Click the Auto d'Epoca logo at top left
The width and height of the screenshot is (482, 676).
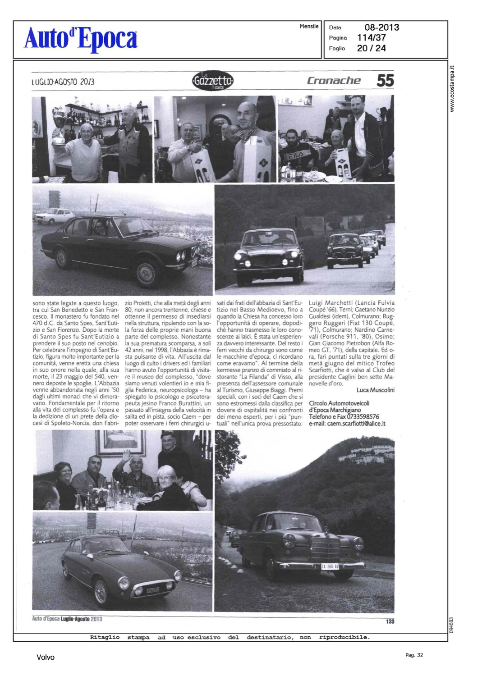(81, 39)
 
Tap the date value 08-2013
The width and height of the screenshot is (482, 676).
(381, 27)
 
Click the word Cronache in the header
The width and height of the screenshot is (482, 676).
(334, 81)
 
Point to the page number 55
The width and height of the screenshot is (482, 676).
(385, 81)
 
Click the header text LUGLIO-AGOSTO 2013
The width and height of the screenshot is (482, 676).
(63, 82)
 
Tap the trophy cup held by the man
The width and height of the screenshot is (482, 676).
(59, 124)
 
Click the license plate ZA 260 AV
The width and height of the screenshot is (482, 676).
(330, 566)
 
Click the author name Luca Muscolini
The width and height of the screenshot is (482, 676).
(375, 390)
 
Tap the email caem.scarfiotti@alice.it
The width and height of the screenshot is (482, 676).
(356, 424)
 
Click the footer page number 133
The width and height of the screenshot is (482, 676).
(390, 621)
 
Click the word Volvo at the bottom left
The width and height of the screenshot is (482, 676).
(46, 658)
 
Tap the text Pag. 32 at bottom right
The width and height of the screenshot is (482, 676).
(414, 655)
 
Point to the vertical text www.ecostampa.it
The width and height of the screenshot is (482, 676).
(452, 89)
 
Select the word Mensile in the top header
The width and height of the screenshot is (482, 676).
(309, 27)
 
